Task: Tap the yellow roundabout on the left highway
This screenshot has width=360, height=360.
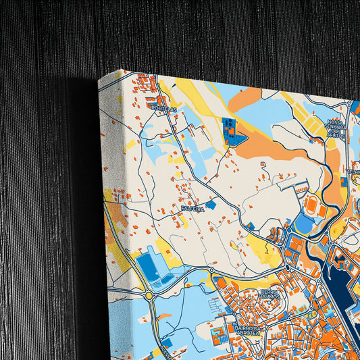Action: point(149,295)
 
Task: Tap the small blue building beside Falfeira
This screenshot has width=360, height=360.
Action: point(211,204)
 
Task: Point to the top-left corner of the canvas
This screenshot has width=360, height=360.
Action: point(99,80)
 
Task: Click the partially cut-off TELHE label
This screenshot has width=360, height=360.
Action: point(353,172)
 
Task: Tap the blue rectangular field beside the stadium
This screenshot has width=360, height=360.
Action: point(304,223)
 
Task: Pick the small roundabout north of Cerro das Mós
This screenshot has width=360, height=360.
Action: point(288,267)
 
